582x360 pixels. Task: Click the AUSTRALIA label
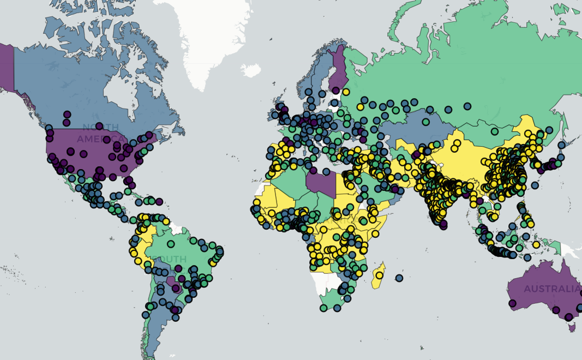click(552, 289)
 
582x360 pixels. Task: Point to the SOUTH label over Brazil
click(170, 259)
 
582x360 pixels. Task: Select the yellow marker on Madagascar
click(379, 275)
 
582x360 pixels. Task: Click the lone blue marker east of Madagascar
click(400, 278)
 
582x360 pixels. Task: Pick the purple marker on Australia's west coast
click(512, 303)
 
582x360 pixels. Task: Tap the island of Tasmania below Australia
click(572, 327)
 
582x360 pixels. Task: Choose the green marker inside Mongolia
click(494, 131)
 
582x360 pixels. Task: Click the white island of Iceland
click(250, 70)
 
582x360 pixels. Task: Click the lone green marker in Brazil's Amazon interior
click(171, 244)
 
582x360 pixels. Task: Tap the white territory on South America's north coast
click(174, 224)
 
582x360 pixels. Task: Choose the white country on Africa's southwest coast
click(325, 283)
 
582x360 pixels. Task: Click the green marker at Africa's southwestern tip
click(323, 308)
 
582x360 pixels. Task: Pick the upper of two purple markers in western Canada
click(67, 115)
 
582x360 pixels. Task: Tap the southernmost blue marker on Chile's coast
click(145, 315)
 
